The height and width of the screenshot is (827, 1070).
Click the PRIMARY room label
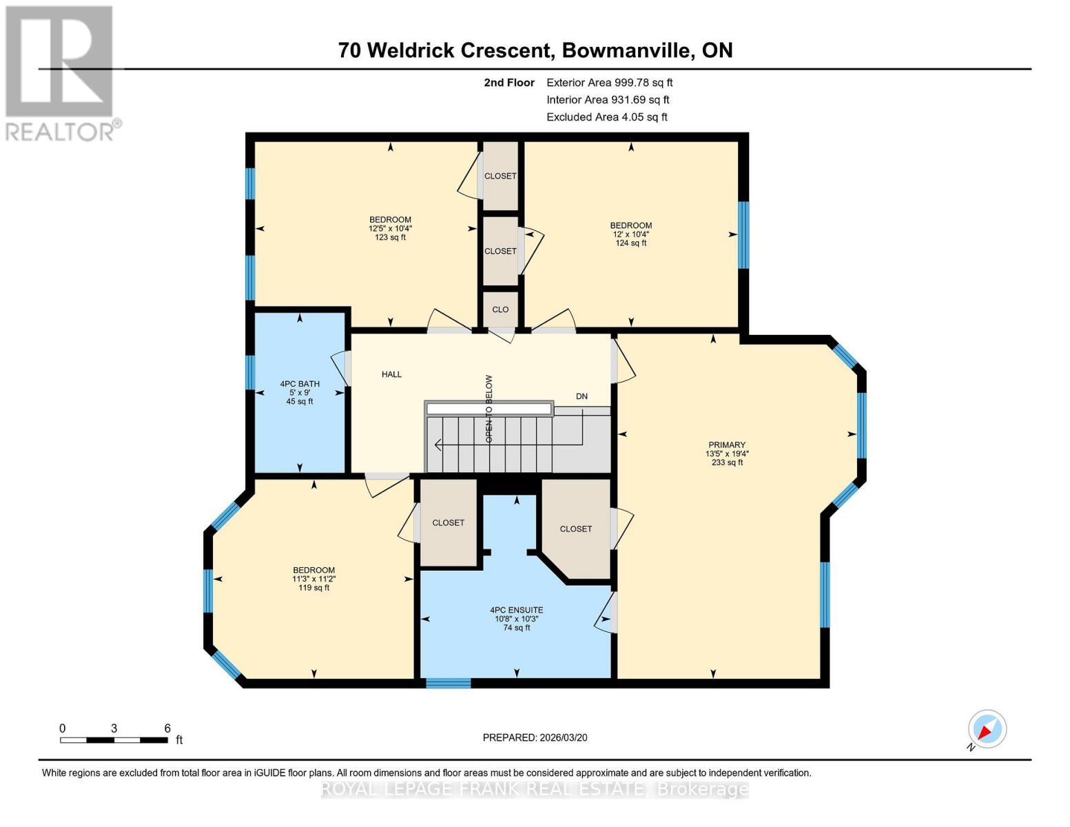tap(726, 445)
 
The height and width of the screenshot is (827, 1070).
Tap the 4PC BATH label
tap(299, 384)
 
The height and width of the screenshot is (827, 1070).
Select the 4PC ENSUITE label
tap(516, 610)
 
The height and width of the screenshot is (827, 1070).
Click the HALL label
tap(391, 374)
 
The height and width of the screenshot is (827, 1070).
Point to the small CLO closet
tap(500, 309)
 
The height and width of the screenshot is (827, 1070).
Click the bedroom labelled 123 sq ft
tap(390, 228)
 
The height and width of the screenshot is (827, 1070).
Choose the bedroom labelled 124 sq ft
tap(630, 234)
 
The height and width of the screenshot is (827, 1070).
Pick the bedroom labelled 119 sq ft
tap(313, 579)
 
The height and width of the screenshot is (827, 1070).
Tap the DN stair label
tap(582, 396)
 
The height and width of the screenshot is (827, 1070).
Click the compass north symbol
tap(987, 729)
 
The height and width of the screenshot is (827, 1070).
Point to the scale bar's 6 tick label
tap(167, 728)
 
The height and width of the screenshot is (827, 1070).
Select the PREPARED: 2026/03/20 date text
tap(535, 737)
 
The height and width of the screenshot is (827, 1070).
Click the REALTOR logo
tap(61, 72)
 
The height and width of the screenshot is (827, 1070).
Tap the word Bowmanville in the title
tap(628, 50)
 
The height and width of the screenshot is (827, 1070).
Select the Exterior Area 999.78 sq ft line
tap(609, 82)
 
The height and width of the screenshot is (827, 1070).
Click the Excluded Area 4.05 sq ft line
tap(606, 117)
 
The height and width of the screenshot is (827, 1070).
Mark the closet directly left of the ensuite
tap(448, 522)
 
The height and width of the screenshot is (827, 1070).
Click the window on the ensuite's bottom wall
tap(448, 683)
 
